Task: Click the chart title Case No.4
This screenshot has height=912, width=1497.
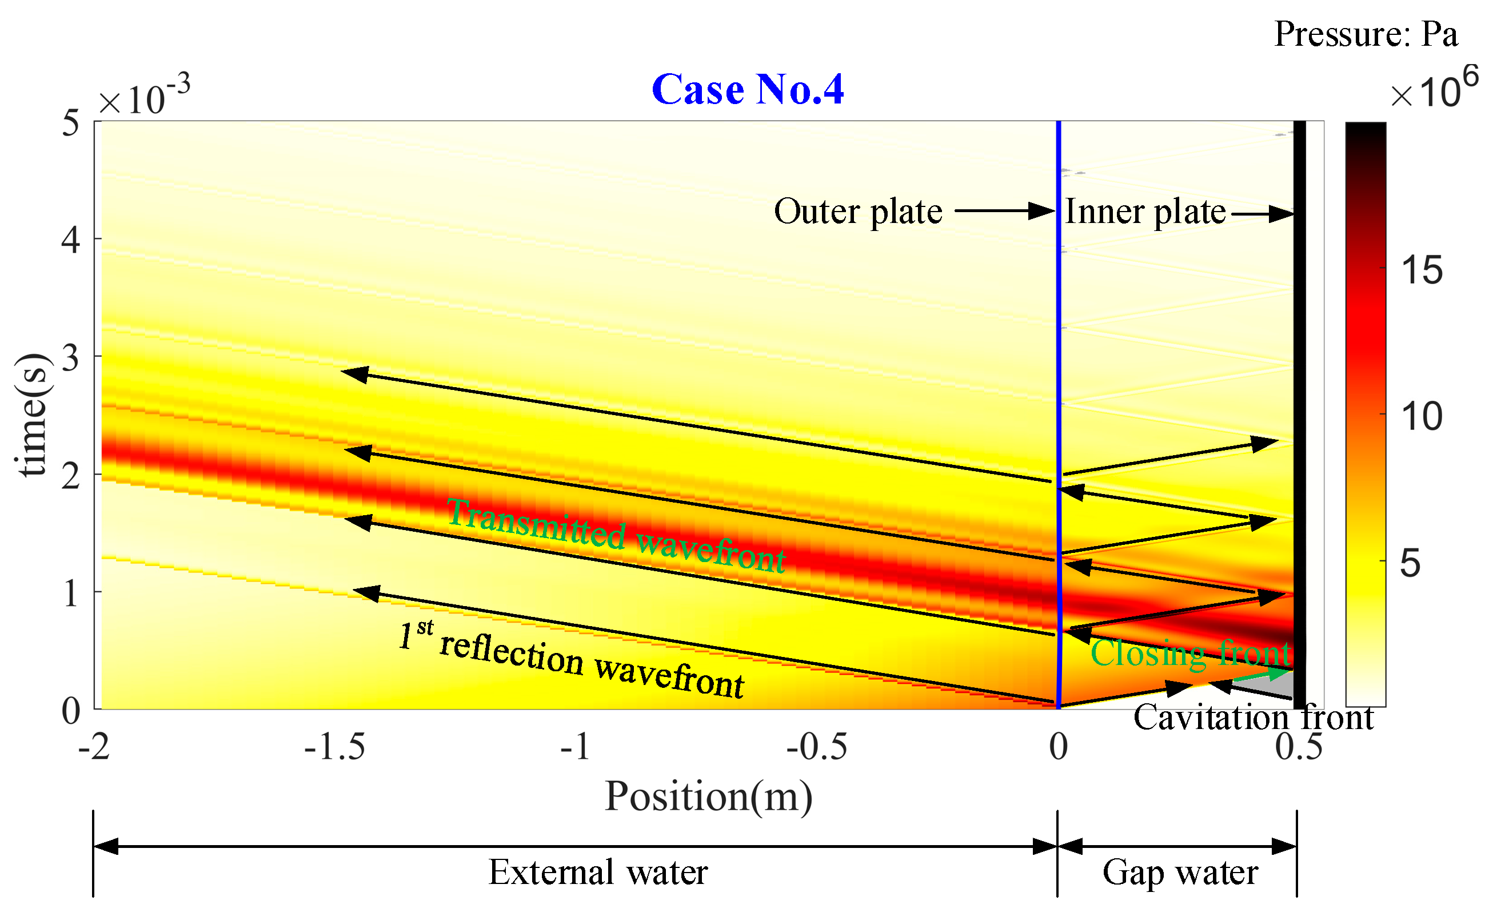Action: [747, 89]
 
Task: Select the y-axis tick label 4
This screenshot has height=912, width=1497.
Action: [71, 240]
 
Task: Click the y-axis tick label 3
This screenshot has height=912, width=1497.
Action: [71, 358]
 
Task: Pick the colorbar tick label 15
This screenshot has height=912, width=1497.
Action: [1422, 270]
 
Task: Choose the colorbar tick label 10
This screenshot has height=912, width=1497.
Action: [1422, 417]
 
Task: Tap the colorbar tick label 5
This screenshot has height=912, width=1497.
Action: [1410, 564]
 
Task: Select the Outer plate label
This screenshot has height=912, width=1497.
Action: [858, 212]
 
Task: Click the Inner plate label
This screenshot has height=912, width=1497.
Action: [1145, 212]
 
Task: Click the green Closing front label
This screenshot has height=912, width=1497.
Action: [1191, 654]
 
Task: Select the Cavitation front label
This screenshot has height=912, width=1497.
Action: [1254, 718]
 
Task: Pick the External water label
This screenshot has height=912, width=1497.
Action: [598, 873]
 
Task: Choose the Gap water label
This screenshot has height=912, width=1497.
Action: [1180, 873]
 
